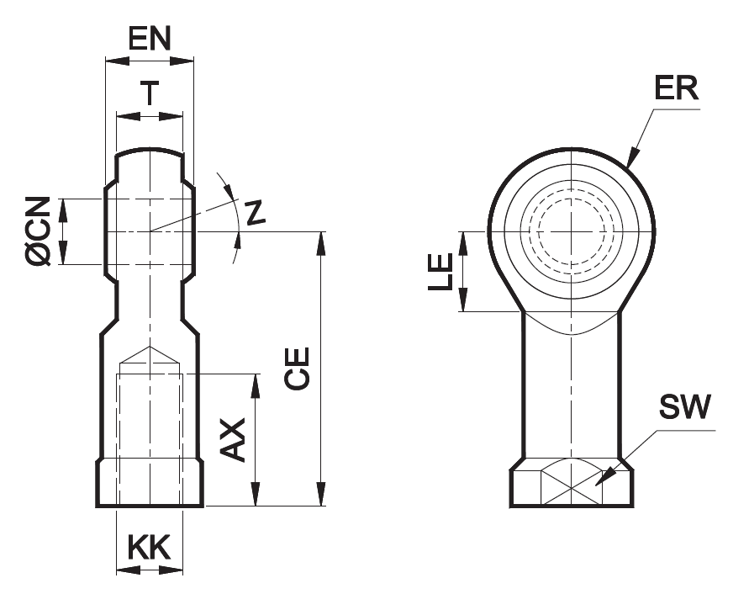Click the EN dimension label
(149, 39)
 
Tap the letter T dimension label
(149, 93)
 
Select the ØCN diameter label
(39, 231)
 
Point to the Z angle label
(255, 213)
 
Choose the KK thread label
(149, 548)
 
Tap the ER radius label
(677, 88)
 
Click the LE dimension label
(440, 272)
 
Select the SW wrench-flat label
(684, 407)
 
